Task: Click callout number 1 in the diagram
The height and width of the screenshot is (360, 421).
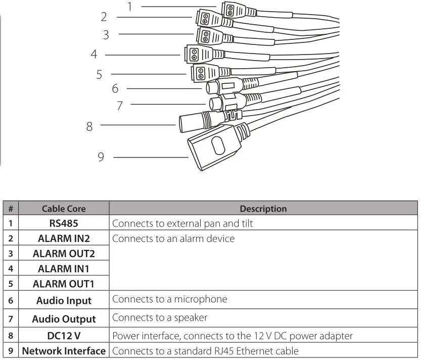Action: (130, 7)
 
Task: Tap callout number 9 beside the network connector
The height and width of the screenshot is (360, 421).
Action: (101, 157)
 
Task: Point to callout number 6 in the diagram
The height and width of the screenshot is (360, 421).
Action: (115, 88)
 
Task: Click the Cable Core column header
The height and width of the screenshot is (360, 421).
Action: (64, 209)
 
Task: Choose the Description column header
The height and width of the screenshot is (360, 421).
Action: (263, 209)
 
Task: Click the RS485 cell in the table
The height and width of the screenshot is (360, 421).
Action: (64, 223)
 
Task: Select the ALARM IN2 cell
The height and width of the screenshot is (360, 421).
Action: (64, 238)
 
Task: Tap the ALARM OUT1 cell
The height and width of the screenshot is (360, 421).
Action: (64, 284)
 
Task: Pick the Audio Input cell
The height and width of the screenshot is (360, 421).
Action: (64, 300)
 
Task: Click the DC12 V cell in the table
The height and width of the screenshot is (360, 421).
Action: (64, 335)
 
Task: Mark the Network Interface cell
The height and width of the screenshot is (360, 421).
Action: (64, 351)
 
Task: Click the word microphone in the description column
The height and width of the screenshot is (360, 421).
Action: (201, 299)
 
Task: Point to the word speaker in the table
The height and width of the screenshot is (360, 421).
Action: (191, 318)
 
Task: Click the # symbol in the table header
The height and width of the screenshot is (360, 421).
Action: (10, 209)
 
